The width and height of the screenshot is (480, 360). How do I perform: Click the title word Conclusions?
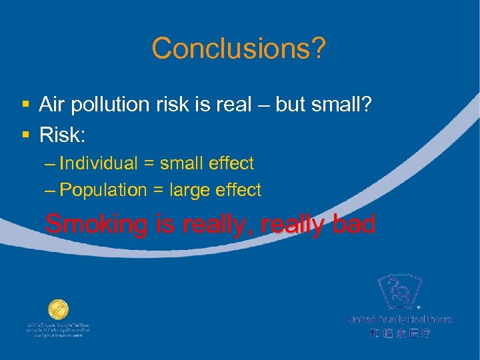tap(239, 48)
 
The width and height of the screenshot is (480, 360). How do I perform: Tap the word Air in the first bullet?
tap(53, 104)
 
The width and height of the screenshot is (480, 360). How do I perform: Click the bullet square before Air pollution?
tap(25, 105)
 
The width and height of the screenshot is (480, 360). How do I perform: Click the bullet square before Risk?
tap(25, 135)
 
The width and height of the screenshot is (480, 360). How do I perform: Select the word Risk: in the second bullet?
tap(63, 135)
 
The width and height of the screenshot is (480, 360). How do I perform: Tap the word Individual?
tap(99, 163)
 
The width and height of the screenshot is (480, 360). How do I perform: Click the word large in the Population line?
tap(191, 190)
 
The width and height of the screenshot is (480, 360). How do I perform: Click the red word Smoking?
tap(96, 225)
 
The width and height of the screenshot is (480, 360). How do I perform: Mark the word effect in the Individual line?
tap(230, 163)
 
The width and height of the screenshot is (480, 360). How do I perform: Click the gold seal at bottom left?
tap(58, 310)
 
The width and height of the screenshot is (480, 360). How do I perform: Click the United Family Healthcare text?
tap(400, 319)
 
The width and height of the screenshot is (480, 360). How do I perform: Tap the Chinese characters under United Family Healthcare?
tap(400, 333)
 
